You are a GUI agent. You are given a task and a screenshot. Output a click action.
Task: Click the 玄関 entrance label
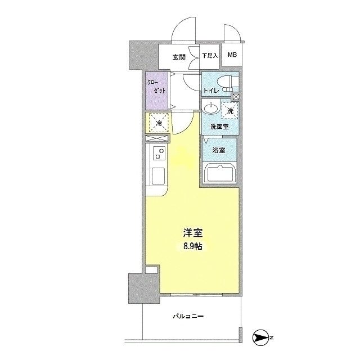[x=179, y=57]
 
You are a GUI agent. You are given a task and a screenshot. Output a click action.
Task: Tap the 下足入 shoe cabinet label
[x=210, y=56]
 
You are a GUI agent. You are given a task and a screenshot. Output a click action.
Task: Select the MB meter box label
[x=232, y=55]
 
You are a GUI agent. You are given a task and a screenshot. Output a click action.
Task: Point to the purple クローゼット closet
[x=156, y=91]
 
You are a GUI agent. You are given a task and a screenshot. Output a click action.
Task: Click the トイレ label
[x=211, y=91]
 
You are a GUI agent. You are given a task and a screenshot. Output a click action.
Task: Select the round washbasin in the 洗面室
[x=210, y=108]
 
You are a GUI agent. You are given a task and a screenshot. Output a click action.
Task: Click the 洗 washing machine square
[x=229, y=110]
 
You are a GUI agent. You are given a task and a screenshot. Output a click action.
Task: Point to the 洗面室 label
[x=220, y=127]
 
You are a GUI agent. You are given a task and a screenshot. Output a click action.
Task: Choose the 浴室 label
[x=219, y=151]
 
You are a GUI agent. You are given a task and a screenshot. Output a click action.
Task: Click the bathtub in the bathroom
[x=220, y=174]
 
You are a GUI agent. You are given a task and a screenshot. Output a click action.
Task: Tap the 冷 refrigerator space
[x=159, y=123]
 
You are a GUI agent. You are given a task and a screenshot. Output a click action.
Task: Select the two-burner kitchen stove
[x=159, y=153]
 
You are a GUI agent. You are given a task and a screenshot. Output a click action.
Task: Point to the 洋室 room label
[x=193, y=233]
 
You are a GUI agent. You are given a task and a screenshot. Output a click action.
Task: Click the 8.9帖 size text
[x=192, y=246]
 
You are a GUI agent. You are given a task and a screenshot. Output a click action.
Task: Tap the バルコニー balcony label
[x=188, y=316]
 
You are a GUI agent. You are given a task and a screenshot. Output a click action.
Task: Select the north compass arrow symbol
[x=260, y=337]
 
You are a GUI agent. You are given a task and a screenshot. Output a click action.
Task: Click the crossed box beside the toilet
[x=236, y=97]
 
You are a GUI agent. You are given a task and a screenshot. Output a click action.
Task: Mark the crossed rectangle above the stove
[x=157, y=138]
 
